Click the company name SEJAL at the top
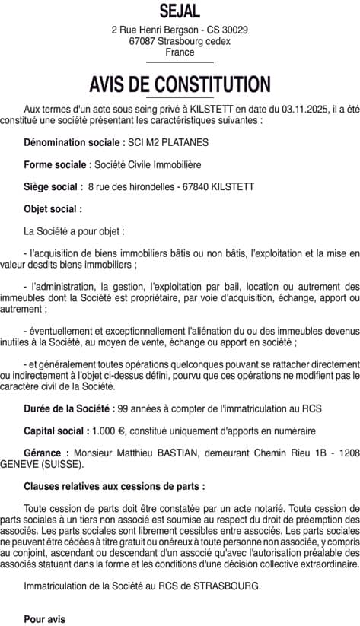[x=180, y=11]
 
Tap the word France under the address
[x=180, y=52]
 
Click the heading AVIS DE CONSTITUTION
[x=180, y=84]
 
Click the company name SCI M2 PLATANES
[x=168, y=142]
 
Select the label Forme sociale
[x=58, y=164]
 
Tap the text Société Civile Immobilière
[x=148, y=164]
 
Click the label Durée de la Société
[x=69, y=408]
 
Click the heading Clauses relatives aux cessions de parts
[x=114, y=485]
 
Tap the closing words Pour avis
[x=44, y=619]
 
